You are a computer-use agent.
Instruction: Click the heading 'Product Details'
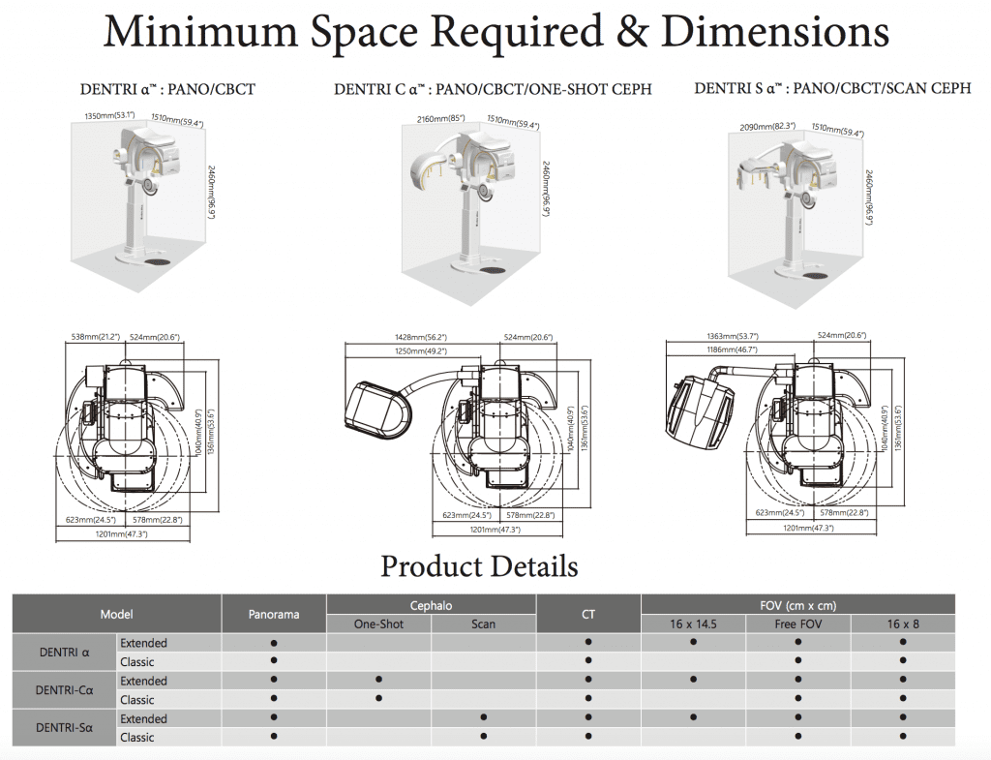[x=479, y=565]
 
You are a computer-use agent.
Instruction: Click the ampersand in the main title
[x=633, y=33]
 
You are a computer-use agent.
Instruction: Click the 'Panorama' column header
[x=274, y=614]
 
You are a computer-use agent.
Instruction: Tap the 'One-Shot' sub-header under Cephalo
[x=378, y=623]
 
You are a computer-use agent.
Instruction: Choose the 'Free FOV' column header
[x=798, y=623]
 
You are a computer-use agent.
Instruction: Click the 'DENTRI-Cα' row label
[x=63, y=689]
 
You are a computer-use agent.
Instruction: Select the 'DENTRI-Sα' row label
[x=63, y=727]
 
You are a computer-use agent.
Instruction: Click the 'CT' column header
[x=588, y=614]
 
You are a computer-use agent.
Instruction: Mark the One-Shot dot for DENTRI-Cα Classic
[x=378, y=698]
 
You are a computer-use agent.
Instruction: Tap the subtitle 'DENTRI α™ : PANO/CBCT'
[x=167, y=89]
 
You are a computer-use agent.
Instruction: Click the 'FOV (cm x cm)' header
[x=797, y=605]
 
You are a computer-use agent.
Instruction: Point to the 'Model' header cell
[x=116, y=614]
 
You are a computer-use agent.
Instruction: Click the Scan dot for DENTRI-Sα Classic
[x=483, y=737]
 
